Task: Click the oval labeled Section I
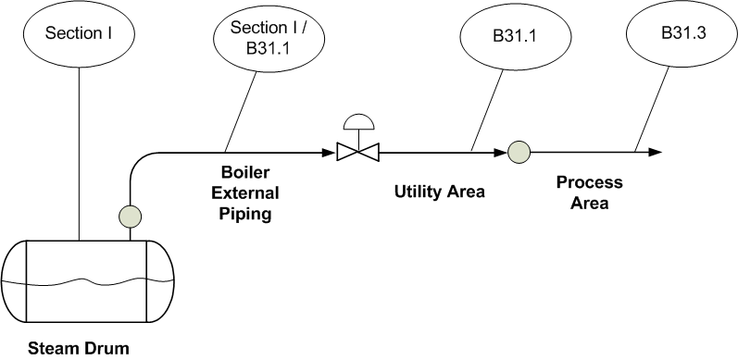point(79,34)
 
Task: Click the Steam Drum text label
point(78,349)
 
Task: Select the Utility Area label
point(440,192)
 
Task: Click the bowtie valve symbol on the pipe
point(354,151)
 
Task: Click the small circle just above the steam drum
point(130,217)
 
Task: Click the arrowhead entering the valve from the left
point(330,151)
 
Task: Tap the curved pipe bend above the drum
point(136,159)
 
